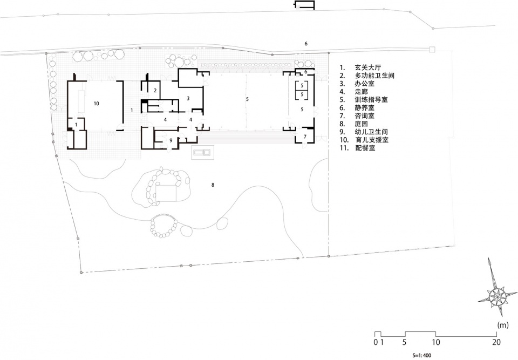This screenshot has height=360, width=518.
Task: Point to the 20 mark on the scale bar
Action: (x=496, y=342)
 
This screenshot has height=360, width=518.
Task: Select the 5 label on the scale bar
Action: (x=404, y=342)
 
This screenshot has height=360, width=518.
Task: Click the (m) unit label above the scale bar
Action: (x=503, y=325)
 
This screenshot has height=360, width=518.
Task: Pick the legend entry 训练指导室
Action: (x=371, y=99)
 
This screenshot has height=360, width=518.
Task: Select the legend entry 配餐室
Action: (x=365, y=148)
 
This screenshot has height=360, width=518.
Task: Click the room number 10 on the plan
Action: (x=96, y=104)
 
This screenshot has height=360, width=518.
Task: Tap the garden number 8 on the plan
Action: (x=213, y=185)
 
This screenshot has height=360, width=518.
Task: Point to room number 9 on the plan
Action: (x=171, y=140)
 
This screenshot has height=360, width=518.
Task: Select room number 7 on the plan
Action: (x=305, y=136)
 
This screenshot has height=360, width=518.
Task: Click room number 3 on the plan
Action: (x=188, y=98)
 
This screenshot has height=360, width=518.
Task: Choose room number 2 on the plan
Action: (x=155, y=90)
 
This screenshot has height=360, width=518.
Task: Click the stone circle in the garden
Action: (x=163, y=226)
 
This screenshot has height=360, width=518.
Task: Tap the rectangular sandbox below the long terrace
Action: (x=202, y=152)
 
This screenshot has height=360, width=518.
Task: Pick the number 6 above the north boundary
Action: (x=306, y=44)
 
